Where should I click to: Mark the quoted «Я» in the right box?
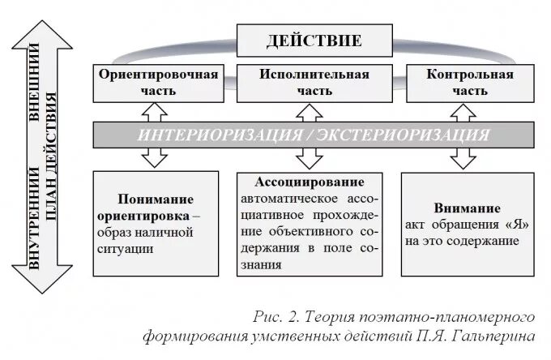click(x=519, y=225)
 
